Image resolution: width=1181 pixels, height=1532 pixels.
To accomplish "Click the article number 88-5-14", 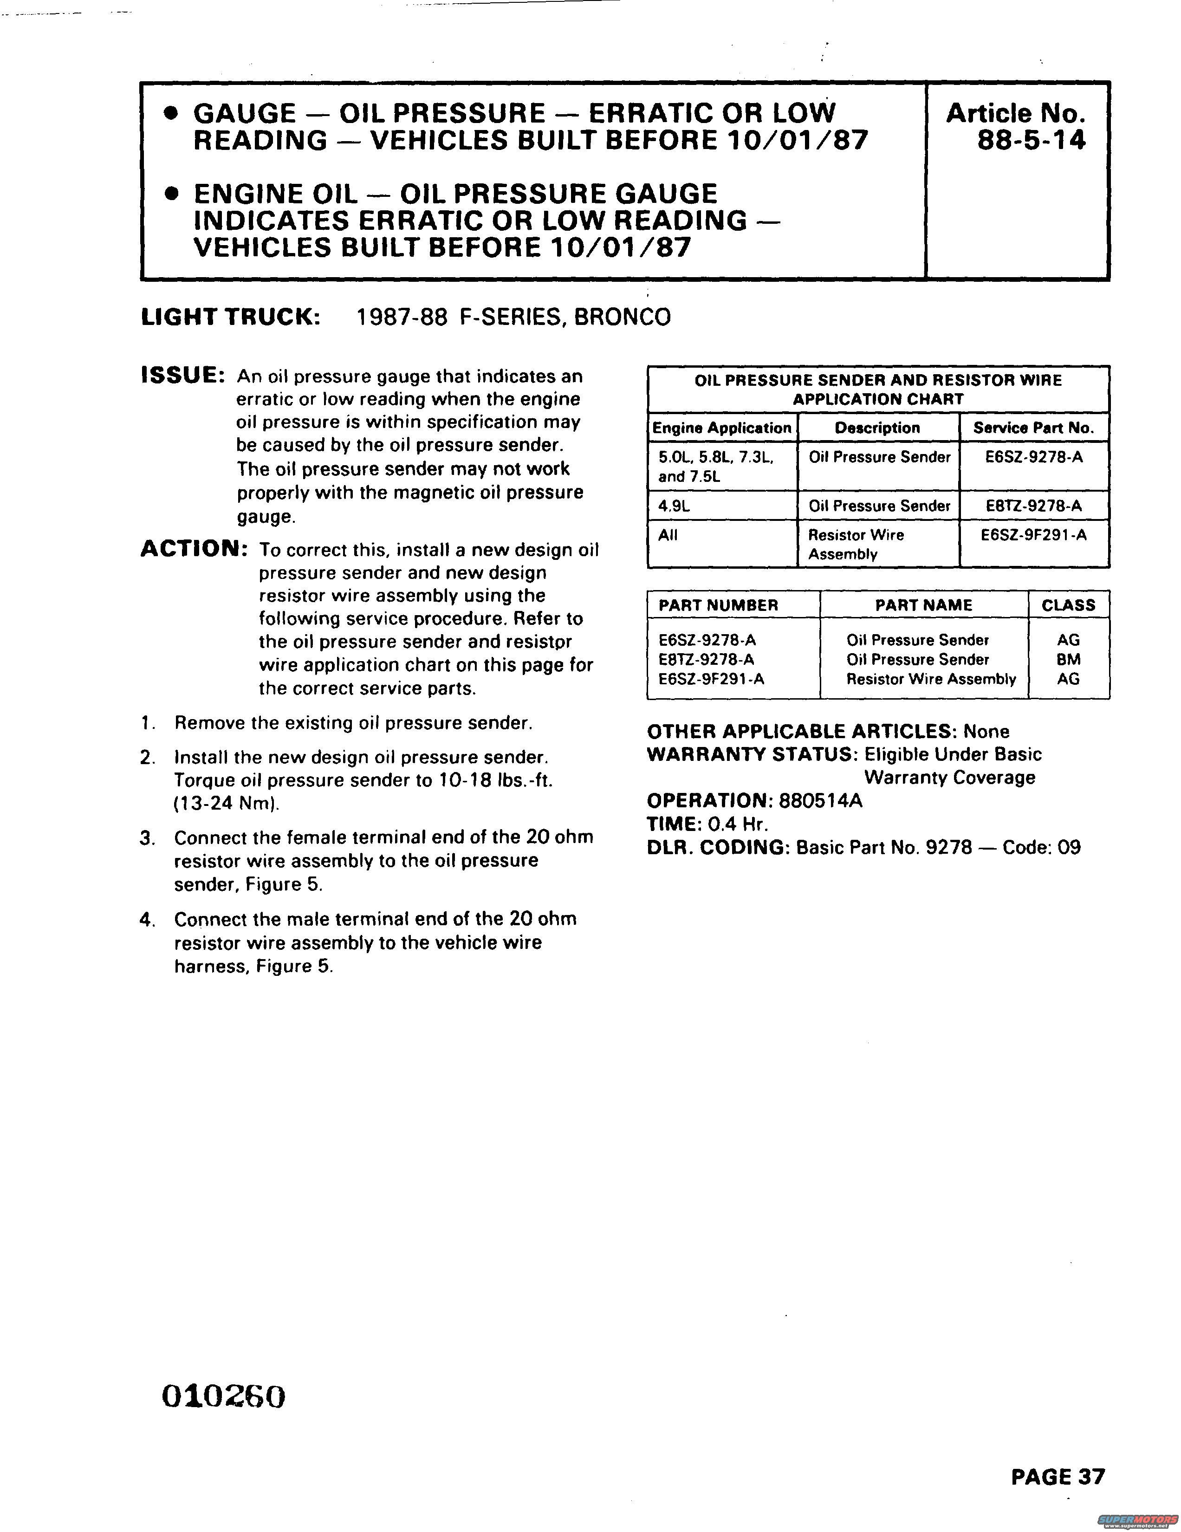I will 1031,140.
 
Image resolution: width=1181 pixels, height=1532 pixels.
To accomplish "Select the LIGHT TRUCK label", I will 231,317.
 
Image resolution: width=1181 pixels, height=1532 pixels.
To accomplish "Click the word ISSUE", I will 183,376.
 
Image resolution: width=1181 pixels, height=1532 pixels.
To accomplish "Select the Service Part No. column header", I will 1033,428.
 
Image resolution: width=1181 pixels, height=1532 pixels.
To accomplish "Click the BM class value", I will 1068,659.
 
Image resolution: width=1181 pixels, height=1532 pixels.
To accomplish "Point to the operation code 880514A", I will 821,800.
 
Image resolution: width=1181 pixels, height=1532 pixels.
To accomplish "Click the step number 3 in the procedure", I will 147,837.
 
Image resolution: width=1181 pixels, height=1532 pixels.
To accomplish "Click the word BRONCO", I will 622,317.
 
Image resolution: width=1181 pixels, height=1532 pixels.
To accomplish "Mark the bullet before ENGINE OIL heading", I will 169,195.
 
